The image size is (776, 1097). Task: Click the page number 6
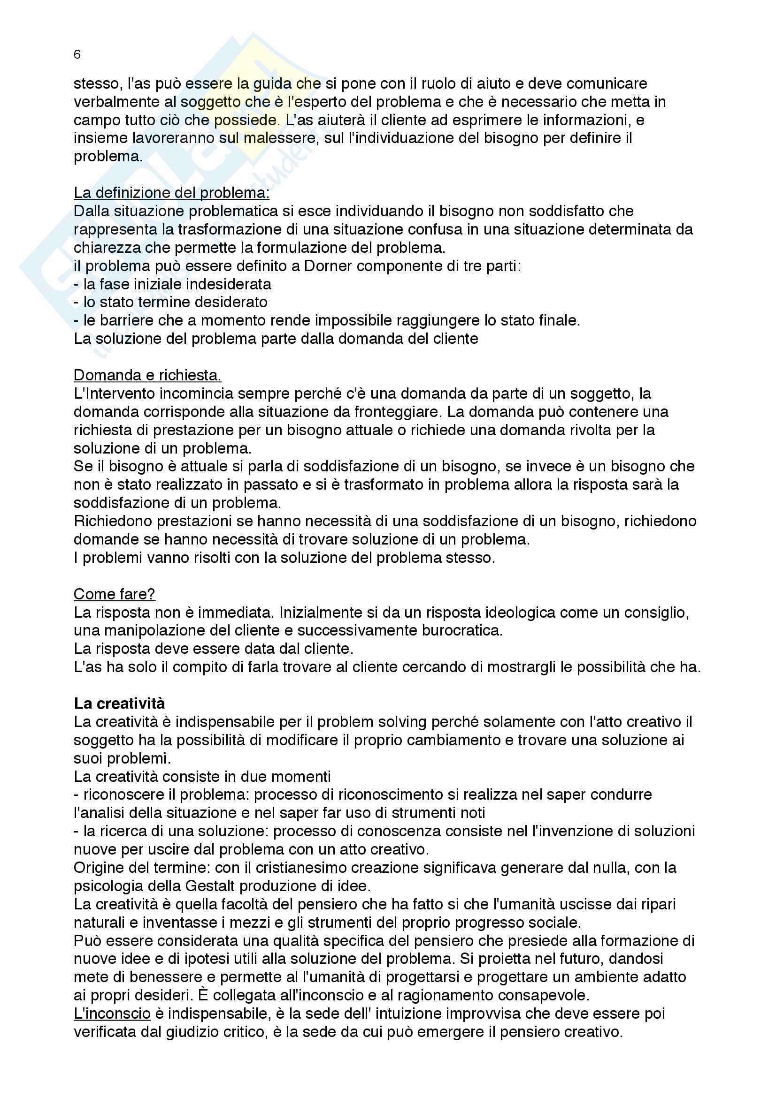click(x=77, y=55)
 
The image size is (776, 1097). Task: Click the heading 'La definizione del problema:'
click(x=171, y=193)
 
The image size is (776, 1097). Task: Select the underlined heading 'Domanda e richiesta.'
click(x=147, y=376)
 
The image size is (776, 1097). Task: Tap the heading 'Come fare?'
click(x=114, y=594)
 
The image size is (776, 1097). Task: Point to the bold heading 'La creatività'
click(x=119, y=704)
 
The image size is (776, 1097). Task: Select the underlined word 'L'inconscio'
click(x=112, y=1014)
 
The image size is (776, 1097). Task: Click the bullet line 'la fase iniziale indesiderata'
click(x=177, y=284)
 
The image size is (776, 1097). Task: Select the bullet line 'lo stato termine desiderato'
click(x=175, y=303)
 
